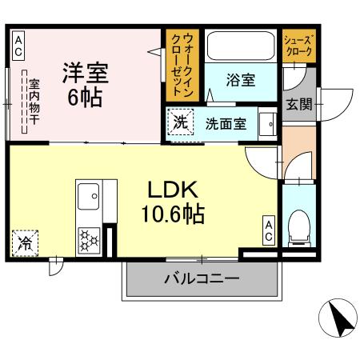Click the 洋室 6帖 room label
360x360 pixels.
coord(86,85)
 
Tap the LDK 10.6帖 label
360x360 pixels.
coord(173,202)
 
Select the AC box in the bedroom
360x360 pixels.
coord(18,46)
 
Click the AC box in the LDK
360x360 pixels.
coord(269,230)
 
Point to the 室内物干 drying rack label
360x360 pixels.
coord(34,102)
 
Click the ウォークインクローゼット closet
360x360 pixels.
coord(182,66)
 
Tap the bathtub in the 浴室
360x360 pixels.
coord(241,46)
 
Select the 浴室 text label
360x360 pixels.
coord(241,80)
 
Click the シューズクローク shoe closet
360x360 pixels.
coord(298,46)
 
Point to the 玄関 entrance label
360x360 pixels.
coord(299,104)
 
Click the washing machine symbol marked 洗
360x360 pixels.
coord(180,122)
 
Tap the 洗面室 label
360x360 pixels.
coord(226,124)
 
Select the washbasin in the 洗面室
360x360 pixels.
coord(268,124)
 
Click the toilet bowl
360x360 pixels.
coord(299,227)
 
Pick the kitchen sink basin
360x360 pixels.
coord(89,196)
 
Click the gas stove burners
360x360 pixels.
coord(89,241)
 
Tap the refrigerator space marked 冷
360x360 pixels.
coord(25,243)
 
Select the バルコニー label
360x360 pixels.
coord(202,279)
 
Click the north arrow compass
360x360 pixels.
coord(338,318)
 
